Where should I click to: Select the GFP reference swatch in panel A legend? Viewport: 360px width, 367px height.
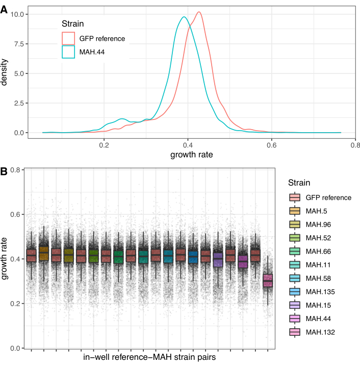(69, 38)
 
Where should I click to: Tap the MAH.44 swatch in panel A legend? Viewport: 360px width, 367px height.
(69, 52)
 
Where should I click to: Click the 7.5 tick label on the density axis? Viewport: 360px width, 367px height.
(18, 44)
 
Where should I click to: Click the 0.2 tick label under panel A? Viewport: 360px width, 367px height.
(104, 145)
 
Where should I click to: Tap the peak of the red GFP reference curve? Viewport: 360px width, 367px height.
(198, 12)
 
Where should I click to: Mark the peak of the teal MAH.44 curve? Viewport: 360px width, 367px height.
(184, 17)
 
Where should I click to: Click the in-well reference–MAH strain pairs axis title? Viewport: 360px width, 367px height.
(148, 357)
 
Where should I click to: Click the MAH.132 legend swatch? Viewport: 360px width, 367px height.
(294, 332)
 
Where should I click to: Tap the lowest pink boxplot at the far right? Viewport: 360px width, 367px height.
(268, 281)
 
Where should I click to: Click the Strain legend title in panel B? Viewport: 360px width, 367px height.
(299, 183)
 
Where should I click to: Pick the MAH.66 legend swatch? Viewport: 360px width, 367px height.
(294, 251)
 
